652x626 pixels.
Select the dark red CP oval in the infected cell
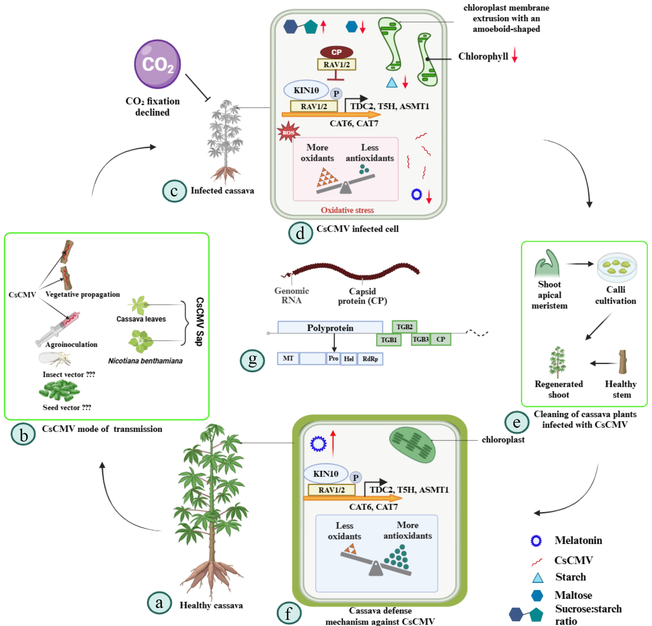pos(336,52)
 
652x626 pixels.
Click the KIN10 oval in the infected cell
pos(306,90)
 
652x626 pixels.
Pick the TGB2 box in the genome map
pos(404,327)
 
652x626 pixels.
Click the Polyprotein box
pos(330,327)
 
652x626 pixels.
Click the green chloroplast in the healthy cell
pos(412,445)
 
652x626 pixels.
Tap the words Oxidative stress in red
pos(347,210)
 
